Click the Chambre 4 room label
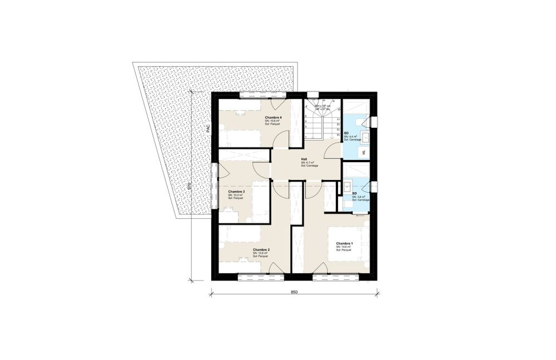click(274, 118)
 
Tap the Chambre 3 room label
click(236, 191)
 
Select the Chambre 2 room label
click(261, 250)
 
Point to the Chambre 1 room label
click(344, 243)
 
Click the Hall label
click(304, 159)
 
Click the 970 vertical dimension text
click(190, 186)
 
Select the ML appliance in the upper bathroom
click(364, 152)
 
